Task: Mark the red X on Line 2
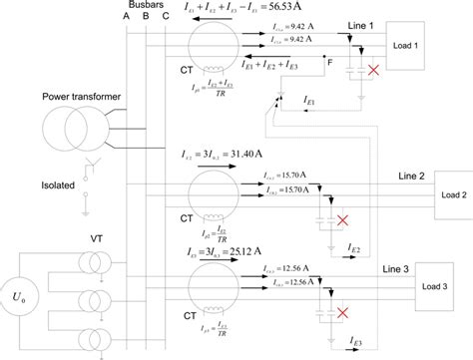343,219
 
